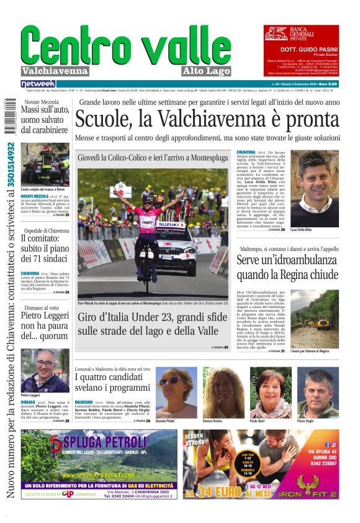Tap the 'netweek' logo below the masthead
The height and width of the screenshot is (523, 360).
coord(38,84)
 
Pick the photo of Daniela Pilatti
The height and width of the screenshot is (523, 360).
coord(176,392)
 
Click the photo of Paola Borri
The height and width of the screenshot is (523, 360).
coord(271,393)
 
